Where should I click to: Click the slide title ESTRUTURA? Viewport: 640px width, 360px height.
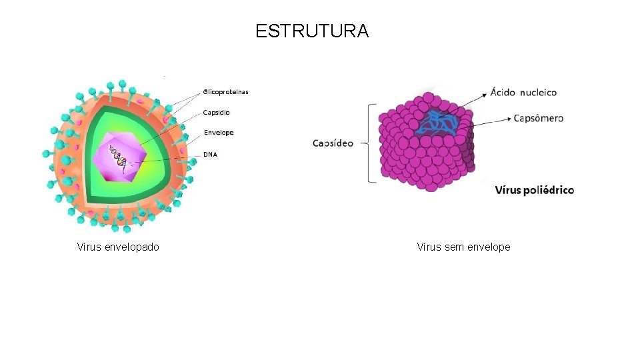tap(311, 31)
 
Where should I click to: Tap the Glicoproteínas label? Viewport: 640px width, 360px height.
tap(225, 92)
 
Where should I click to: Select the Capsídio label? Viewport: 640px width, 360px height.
tap(217, 113)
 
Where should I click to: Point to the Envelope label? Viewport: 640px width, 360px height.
tap(219, 133)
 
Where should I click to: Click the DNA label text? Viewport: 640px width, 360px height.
tap(210, 155)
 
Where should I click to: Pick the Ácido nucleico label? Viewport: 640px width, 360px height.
tap(523, 92)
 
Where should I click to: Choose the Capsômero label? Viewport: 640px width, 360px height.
tap(538, 118)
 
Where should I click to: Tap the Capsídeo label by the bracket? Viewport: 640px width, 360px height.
tap(333, 143)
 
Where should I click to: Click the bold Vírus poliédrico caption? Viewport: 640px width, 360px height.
tap(534, 190)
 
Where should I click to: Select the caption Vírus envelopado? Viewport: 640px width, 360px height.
tap(118, 247)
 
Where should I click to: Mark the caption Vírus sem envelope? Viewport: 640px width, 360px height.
tap(463, 247)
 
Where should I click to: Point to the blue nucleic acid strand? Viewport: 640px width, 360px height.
tap(439, 123)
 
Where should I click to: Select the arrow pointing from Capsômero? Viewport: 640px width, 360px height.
tap(490, 120)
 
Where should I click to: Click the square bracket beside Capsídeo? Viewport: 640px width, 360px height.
tap(371, 142)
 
